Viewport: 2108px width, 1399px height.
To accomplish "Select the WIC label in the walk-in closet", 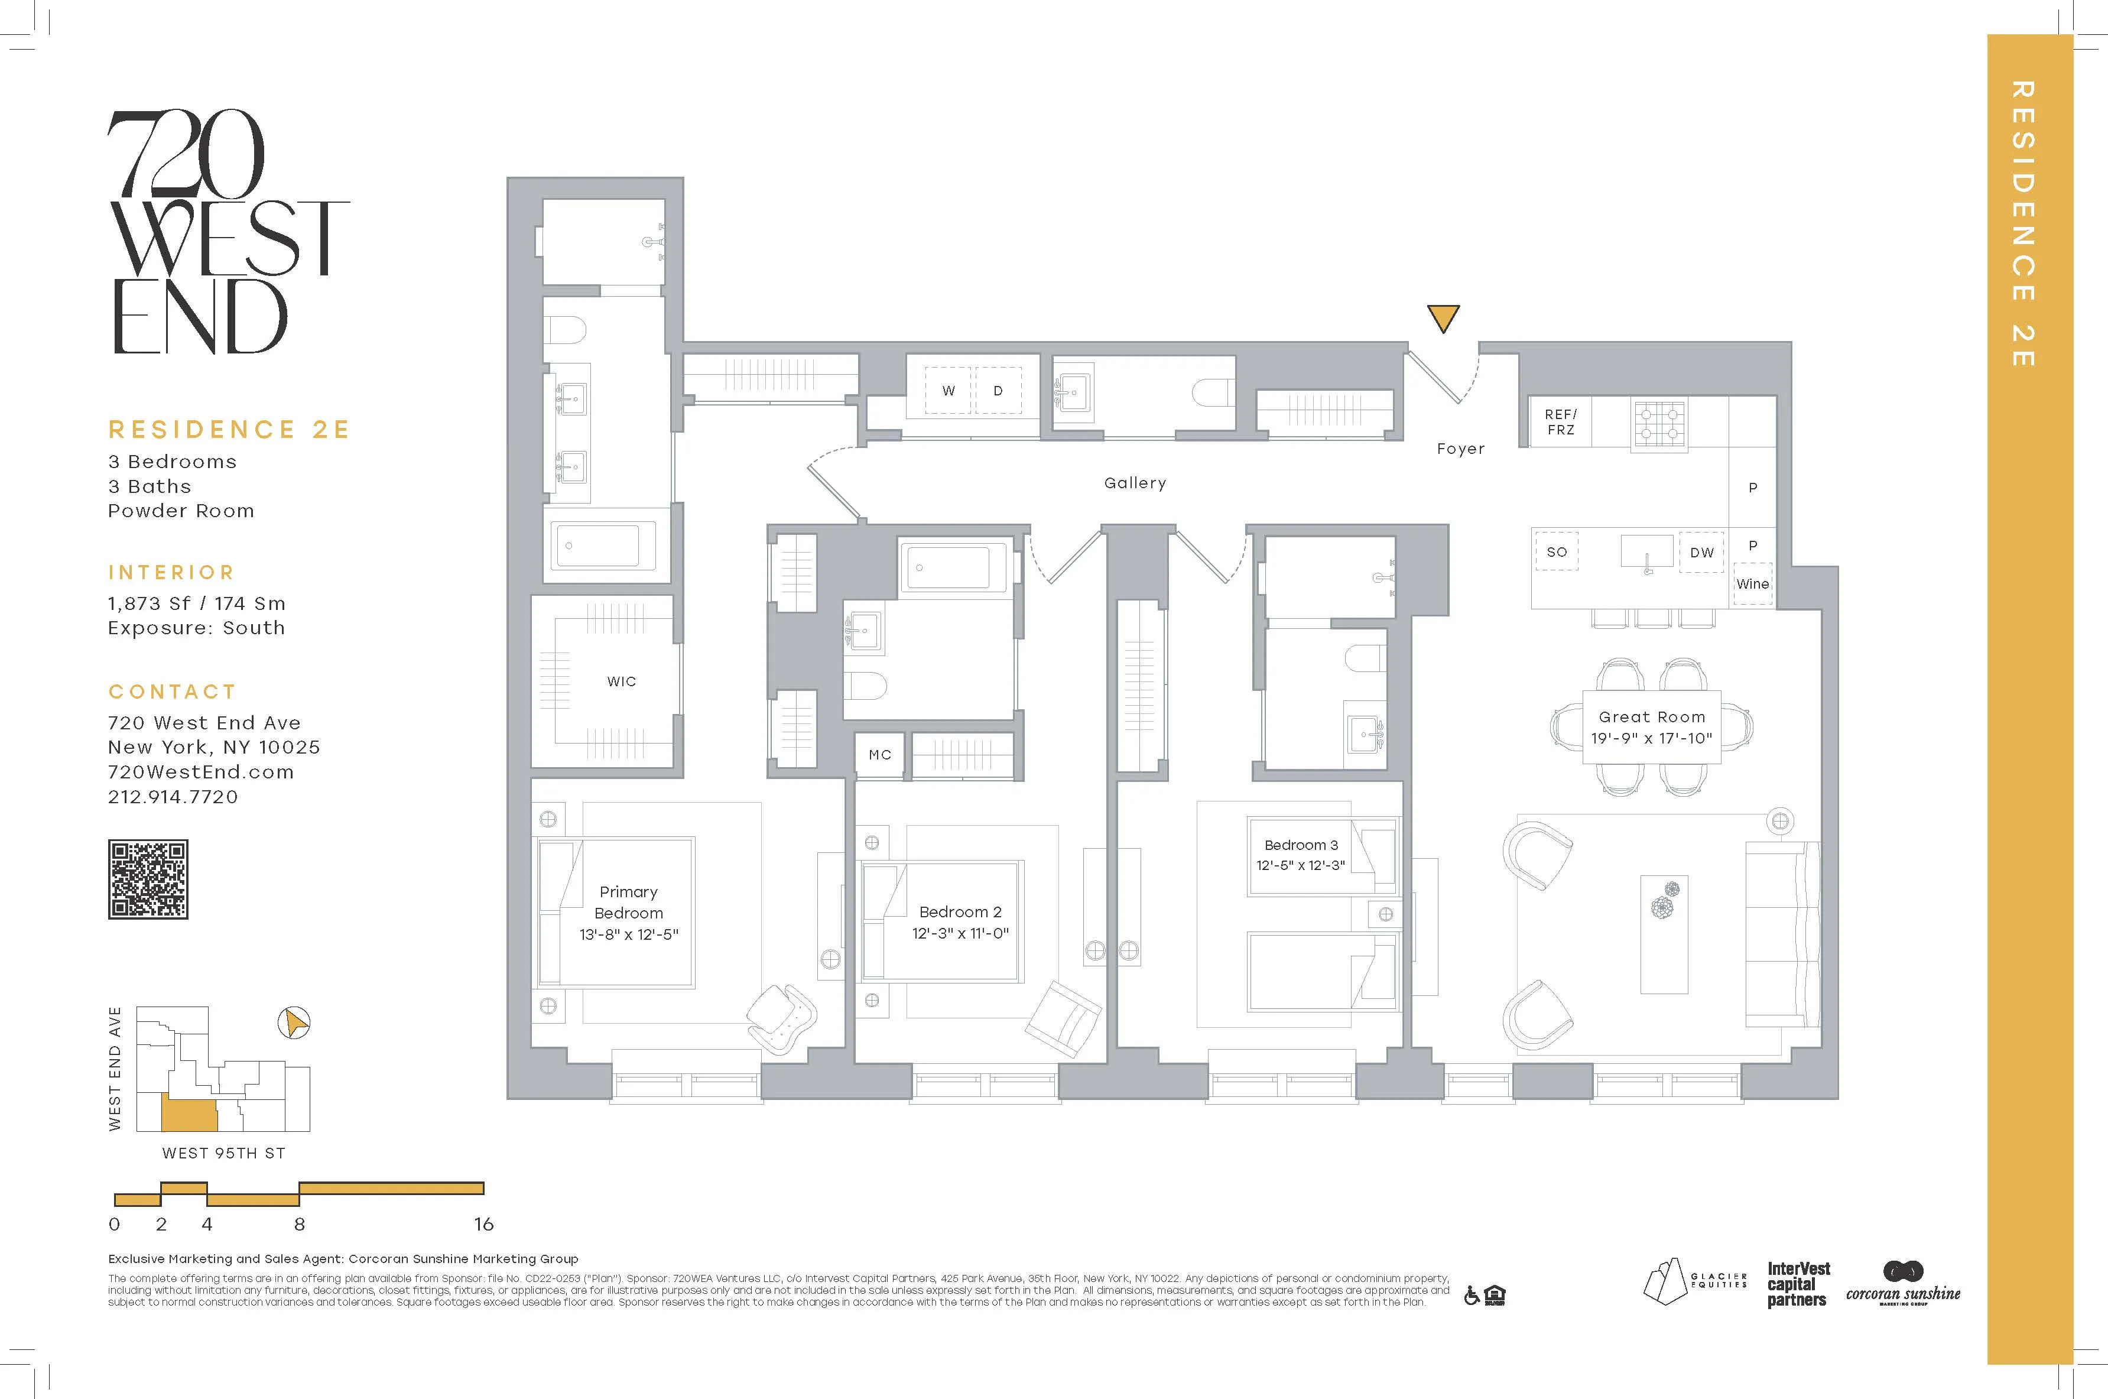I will pos(621,681).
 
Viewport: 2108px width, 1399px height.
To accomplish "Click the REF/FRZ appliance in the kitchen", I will pos(1560,422).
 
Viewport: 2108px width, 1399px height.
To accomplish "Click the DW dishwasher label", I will pos(1701,552).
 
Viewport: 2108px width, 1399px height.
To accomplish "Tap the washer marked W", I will pos(949,391).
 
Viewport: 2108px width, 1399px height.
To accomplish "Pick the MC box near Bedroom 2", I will pos(879,755).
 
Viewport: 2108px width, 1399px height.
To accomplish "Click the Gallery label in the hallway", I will pos(1135,483).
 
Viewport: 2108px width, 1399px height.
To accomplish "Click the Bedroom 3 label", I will pos(1301,845).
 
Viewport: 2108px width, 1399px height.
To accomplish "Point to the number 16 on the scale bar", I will pos(483,1224).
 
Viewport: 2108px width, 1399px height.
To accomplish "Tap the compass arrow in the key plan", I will pos(294,1023).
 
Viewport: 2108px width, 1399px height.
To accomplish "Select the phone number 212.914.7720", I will pos(173,797).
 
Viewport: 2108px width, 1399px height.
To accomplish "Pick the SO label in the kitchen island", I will pos(1557,552).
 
